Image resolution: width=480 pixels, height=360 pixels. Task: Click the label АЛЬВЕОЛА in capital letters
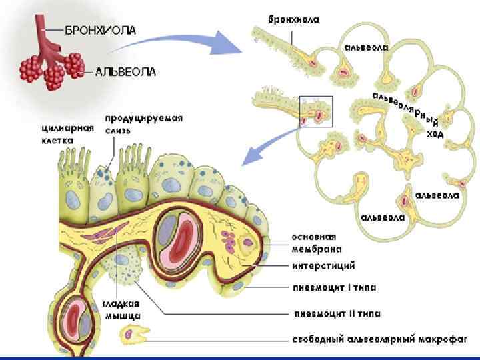125,71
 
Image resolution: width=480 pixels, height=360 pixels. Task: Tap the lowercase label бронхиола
293,19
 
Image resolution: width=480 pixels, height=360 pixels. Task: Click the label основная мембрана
317,242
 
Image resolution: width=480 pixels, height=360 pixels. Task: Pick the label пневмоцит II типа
336,311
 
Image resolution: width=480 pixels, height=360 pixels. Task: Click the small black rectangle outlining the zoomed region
316,111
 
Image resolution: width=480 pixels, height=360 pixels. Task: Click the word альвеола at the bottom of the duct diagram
383,217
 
